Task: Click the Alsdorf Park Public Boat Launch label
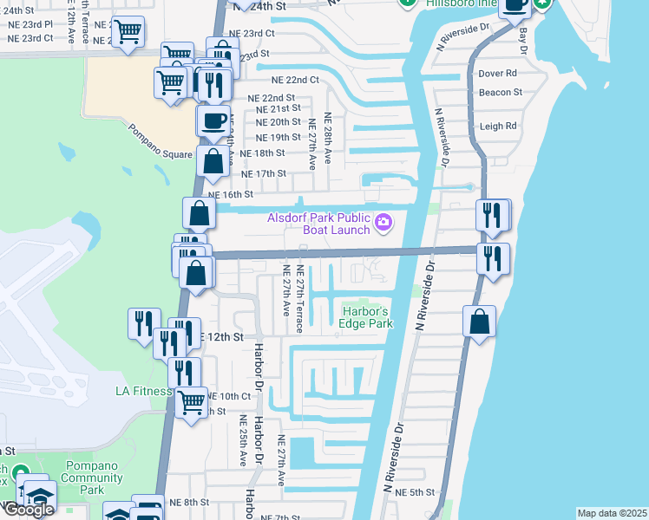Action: (319, 224)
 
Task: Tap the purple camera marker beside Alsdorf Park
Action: (383, 224)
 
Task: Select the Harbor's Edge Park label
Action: (367, 318)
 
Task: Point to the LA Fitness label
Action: (144, 391)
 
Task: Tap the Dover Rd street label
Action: (497, 74)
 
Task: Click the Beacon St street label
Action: (500, 92)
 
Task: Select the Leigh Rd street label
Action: (498, 126)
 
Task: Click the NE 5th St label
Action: (414, 492)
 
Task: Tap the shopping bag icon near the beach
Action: (479, 322)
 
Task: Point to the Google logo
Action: (29, 510)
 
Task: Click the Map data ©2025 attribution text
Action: (612, 513)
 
